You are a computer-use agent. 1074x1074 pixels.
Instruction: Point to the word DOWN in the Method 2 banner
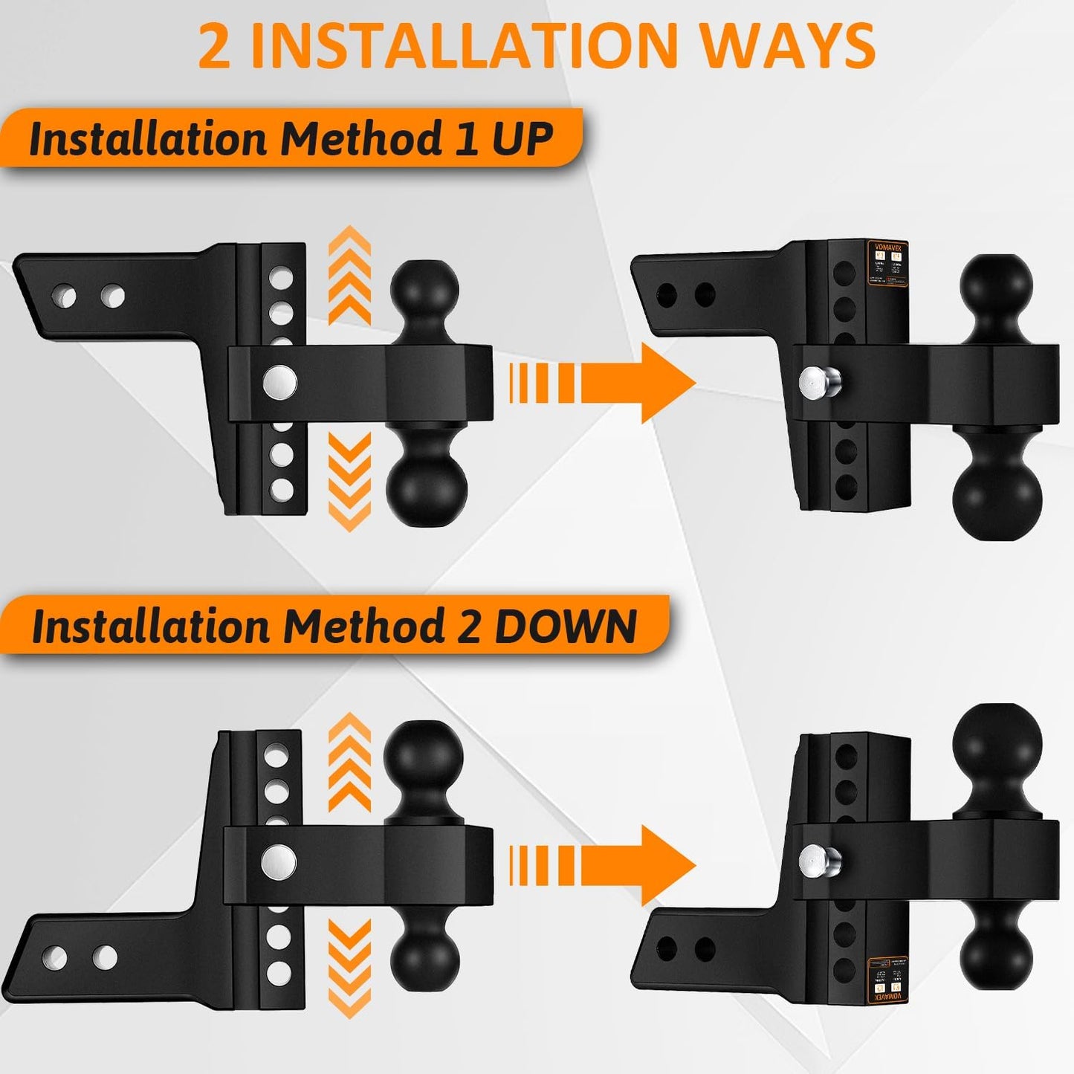click(x=566, y=627)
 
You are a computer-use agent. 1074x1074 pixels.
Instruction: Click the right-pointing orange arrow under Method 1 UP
click(x=602, y=384)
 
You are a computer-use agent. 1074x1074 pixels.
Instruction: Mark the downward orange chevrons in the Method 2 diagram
click(x=349, y=966)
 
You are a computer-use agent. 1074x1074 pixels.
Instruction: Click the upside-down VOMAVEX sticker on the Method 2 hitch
click(x=888, y=980)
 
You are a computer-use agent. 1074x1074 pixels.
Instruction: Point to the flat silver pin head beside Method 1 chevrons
click(x=280, y=383)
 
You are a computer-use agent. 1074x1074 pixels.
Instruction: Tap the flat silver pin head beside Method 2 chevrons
click(x=279, y=862)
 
